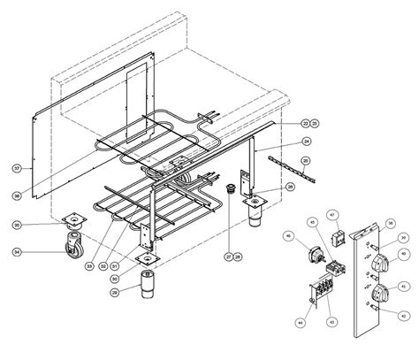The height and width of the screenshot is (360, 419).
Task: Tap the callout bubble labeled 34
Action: (x=17, y=252)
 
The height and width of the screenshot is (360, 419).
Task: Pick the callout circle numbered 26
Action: (x=290, y=188)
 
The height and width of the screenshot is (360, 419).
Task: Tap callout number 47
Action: (x=333, y=215)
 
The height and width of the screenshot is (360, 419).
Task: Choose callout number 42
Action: (x=403, y=316)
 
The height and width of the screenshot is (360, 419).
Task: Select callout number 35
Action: (x=391, y=225)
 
